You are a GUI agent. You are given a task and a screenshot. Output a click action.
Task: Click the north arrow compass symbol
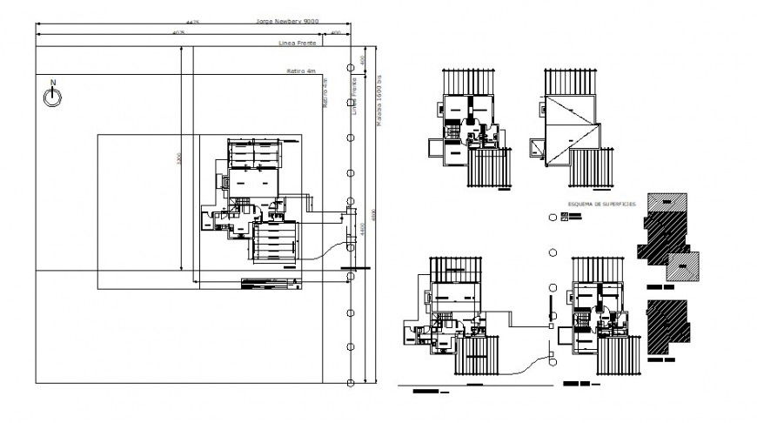point(52,96)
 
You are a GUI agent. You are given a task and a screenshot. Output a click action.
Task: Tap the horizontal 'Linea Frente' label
point(298,43)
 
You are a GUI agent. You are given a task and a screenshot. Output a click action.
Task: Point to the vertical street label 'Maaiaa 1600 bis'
point(379,97)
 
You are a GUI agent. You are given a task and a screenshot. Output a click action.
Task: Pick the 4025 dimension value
point(179,32)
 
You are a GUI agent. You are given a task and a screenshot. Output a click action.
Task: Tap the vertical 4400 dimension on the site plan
point(373,214)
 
